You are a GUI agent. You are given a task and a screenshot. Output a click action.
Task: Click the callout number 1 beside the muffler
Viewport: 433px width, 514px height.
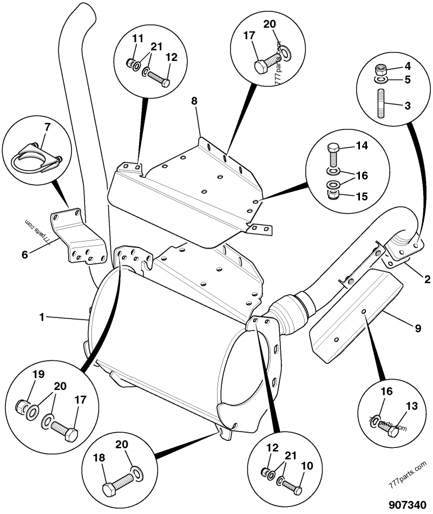point(42,317)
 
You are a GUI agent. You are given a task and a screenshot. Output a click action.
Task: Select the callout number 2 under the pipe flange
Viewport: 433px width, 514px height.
point(427,280)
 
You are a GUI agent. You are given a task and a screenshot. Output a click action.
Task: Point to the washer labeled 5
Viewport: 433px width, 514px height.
point(380,80)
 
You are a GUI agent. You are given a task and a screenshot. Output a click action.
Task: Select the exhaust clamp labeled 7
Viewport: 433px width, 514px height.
point(32,159)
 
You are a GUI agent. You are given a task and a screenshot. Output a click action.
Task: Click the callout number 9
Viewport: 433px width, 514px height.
point(418,327)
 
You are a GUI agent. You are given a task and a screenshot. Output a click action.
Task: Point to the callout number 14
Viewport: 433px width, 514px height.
point(362,146)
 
